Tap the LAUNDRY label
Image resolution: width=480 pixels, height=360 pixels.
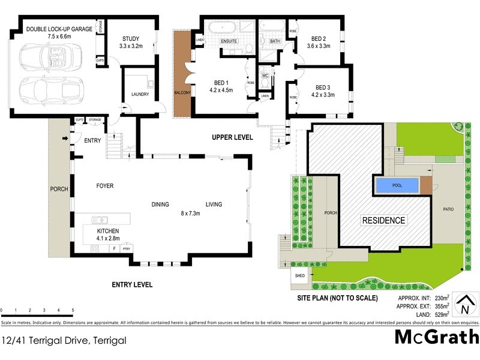(140, 94)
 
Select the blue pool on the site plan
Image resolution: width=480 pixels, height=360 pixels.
(396, 185)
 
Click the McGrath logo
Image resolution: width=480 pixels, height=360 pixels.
(436, 337)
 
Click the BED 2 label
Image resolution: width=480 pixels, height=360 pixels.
(318, 38)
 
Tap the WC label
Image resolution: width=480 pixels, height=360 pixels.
(264, 76)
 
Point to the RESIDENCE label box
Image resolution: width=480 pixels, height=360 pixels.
(383, 220)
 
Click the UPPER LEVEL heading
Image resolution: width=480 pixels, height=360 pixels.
(232, 137)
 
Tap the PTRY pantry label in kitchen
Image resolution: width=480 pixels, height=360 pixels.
(126, 248)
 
